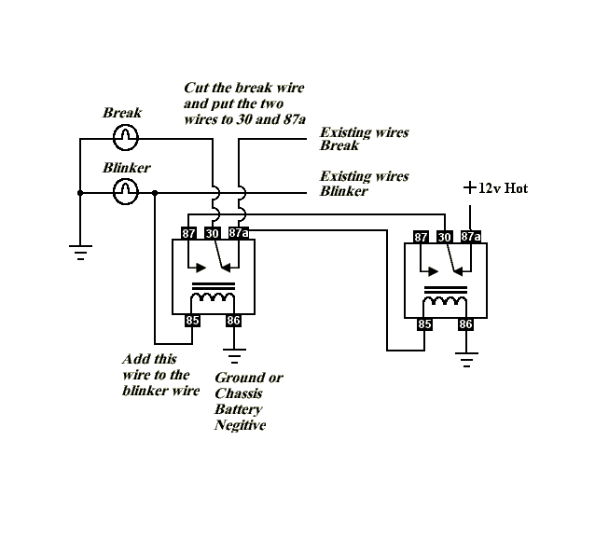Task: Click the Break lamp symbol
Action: click(126, 138)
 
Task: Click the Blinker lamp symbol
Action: click(126, 192)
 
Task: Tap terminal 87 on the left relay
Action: click(188, 233)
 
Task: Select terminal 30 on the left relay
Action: click(212, 233)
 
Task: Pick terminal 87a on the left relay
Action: click(239, 232)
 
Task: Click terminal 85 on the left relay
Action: click(192, 321)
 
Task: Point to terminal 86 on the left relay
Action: click(233, 321)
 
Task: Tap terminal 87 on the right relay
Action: click(421, 237)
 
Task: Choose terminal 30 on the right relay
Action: click(444, 237)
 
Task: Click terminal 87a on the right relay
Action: click(471, 236)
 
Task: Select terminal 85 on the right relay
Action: click(424, 324)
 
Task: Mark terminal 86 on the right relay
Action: click(465, 324)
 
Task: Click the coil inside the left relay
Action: click(213, 297)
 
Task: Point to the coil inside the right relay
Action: click(445, 301)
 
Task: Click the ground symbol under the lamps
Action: click(80, 253)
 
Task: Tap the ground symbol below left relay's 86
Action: click(234, 356)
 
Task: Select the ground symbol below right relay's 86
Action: click(466, 360)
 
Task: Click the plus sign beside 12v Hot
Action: click(470, 187)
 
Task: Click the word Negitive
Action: click(241, 425)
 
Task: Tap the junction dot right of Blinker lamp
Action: click(155, 193)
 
